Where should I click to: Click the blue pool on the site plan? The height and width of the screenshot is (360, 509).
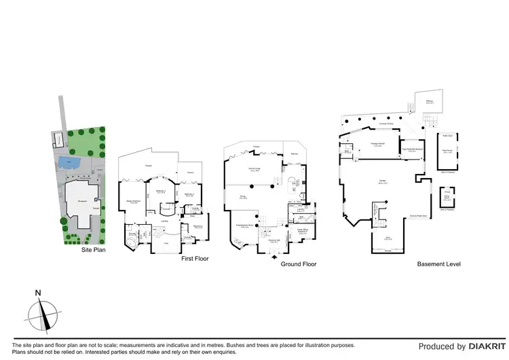pos(67,162)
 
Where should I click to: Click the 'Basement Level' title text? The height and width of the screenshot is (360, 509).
pos(438,264)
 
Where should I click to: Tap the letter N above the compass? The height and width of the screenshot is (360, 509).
pos(39,293)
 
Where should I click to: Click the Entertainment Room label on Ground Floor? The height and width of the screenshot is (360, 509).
pos(244,226)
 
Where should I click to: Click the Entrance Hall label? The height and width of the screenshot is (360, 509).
pos(275,241)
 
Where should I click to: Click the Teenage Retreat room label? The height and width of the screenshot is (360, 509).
pos(378,145)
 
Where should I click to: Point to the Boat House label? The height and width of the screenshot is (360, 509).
pos(447,152)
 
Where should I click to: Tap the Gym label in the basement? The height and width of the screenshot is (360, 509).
pos(388,237)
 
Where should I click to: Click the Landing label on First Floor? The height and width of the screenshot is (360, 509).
pos(164,221)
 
